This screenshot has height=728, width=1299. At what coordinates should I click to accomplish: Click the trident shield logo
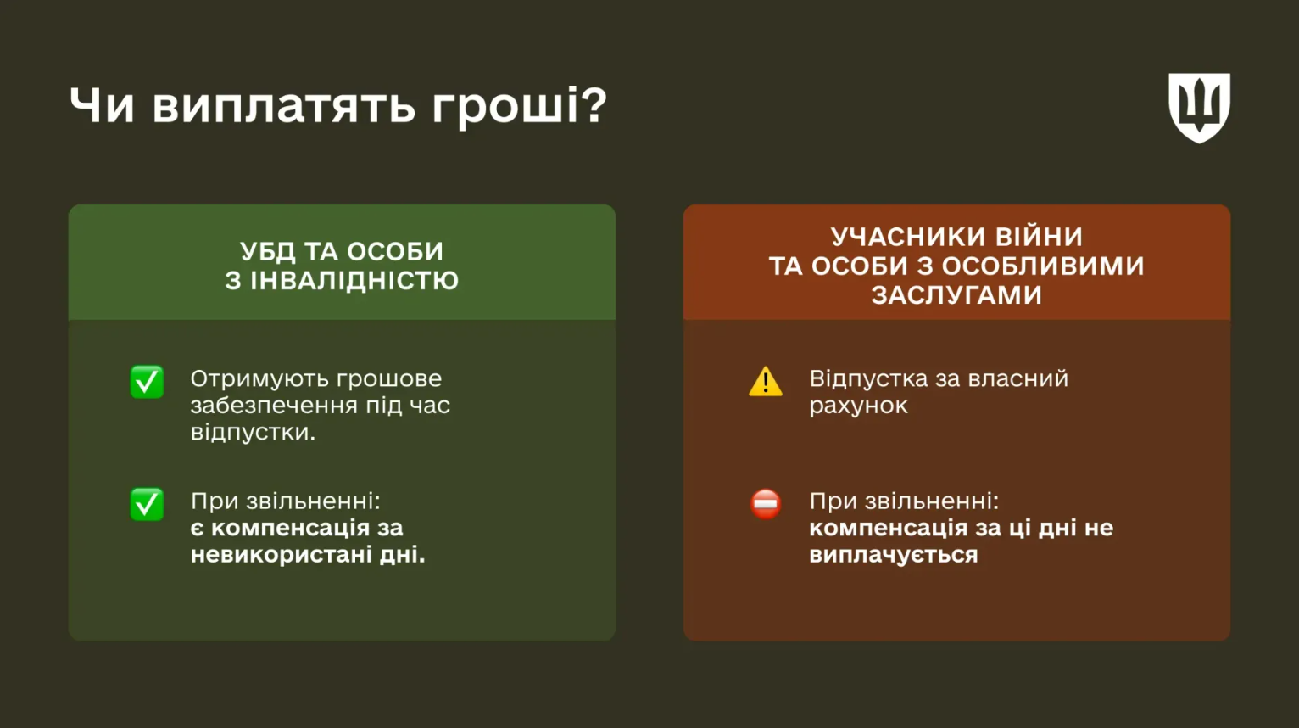click(1199, 107)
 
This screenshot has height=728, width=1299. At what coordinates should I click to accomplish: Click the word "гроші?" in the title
click(519, 107)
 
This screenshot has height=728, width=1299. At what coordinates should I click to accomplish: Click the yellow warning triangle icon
click(766, 383)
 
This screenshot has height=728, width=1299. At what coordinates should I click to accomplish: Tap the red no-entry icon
click(766, 503)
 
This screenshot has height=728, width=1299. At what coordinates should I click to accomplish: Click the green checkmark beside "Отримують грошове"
click(147, 382)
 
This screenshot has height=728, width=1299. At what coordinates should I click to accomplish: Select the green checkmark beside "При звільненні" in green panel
click(147, 504)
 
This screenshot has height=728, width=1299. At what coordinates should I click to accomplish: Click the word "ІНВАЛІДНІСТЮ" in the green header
click(354, 281)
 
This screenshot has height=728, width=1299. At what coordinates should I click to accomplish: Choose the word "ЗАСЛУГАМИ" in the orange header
click(956, 295)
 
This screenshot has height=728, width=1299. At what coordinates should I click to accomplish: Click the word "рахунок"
click(858, 406)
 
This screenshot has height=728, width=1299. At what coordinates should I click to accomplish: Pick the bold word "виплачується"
click(894, 555)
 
